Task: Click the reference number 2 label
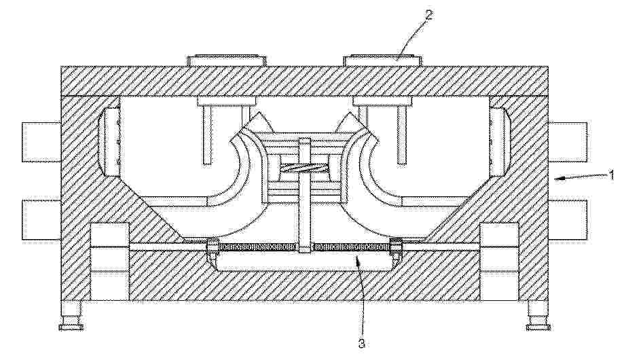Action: coord(429,15)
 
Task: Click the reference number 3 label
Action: coord(361,343)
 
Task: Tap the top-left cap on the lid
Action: coord(227,60)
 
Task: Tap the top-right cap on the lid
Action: coord(382,60)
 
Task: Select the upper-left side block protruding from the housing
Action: coord(41,142)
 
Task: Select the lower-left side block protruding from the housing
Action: coord(41,220)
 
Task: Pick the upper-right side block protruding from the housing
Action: coord(568,142)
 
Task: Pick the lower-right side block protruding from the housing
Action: coord(568,220)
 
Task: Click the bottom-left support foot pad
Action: coord(71,327)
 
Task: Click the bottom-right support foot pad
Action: coord(538,327)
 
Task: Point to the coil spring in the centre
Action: coord(304,168)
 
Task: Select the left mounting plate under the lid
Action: coord(225,102)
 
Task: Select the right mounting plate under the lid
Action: coord(381,102)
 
